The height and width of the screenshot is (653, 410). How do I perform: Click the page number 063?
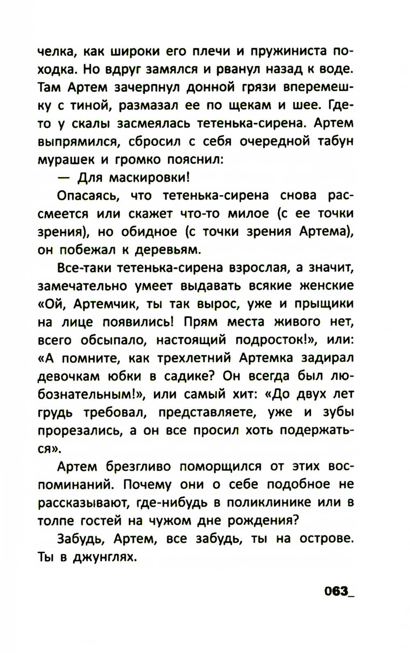click(x=336, y=591)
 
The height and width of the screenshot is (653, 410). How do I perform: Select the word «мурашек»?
click(x=65, y=160)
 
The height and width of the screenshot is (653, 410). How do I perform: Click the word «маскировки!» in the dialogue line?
click(x=150, y=178)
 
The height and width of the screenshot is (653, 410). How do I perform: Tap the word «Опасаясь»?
click(x=88, y=196)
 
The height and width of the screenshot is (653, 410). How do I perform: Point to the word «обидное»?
click(x=148, y=232)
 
